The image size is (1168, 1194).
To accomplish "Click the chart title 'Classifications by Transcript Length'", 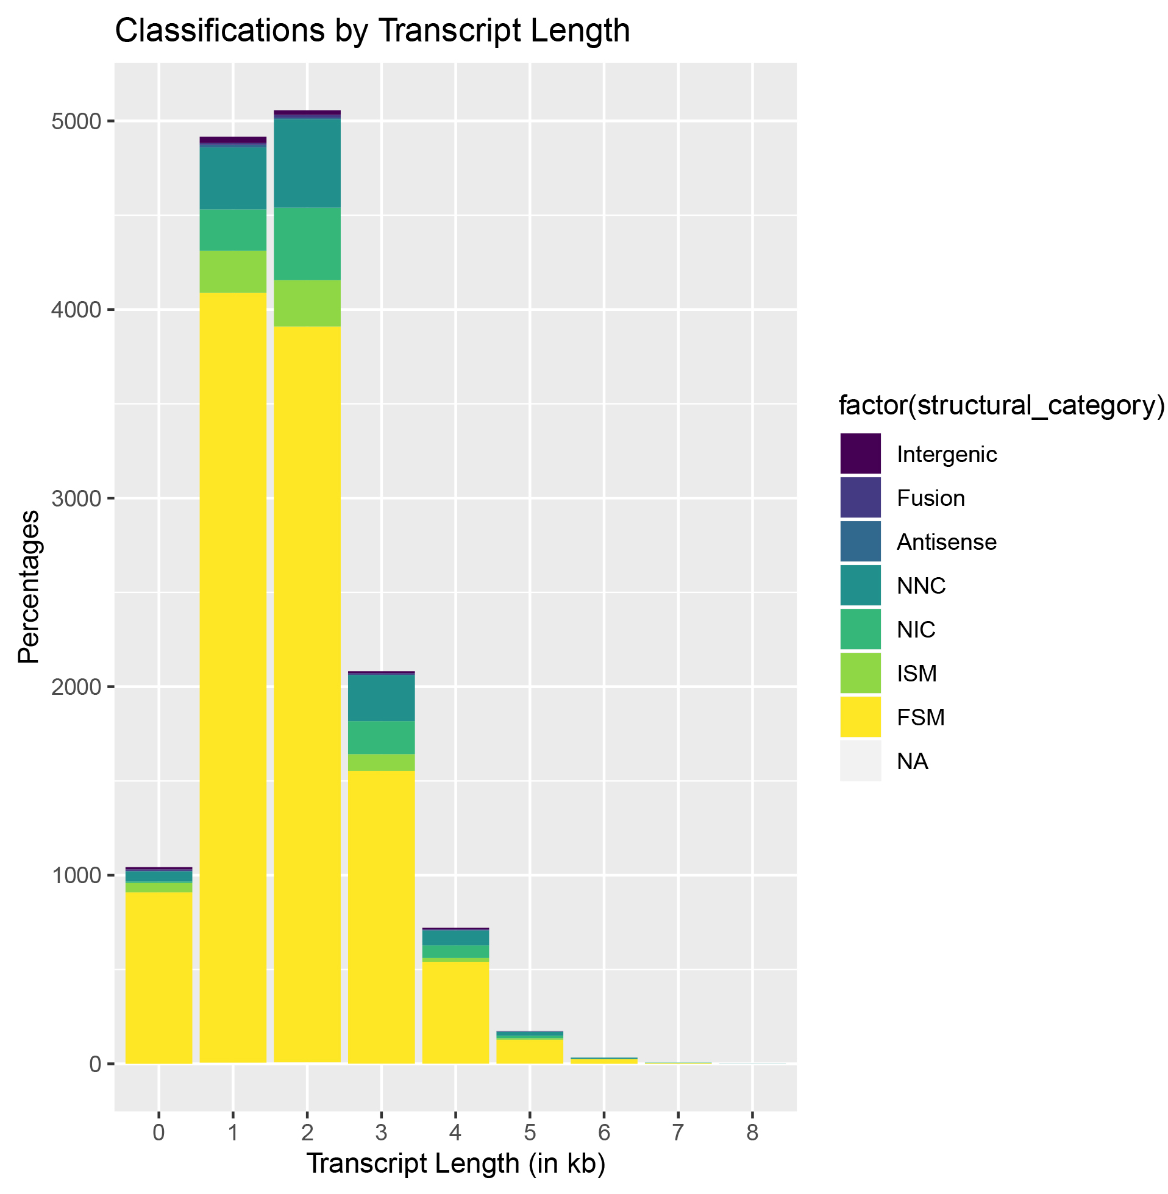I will click(372, 30).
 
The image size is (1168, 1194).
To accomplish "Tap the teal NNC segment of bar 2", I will click(307, 163).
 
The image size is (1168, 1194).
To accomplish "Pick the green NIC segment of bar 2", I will click(307, 243).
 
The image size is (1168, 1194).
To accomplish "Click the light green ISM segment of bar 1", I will click(233, 271).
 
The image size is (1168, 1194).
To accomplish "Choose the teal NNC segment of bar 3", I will click(382, 698).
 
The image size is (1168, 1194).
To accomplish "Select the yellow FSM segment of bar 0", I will click(159, 975).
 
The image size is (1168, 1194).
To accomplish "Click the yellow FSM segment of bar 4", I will click(456, 1012).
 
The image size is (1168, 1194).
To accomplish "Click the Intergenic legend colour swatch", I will click(861, 454).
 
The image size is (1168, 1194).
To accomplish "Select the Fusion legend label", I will click(931, 498).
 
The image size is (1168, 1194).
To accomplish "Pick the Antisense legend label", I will click(947, 542).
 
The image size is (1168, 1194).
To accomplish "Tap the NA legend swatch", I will click(861, 761).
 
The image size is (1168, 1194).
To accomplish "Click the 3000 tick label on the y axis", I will click(76, 499).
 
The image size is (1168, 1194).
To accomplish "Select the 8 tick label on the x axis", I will click(753, 1132).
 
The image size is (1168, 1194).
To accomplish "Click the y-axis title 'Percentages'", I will click(28, 587).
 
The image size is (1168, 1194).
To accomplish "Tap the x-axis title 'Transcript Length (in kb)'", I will click(456, 1164).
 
